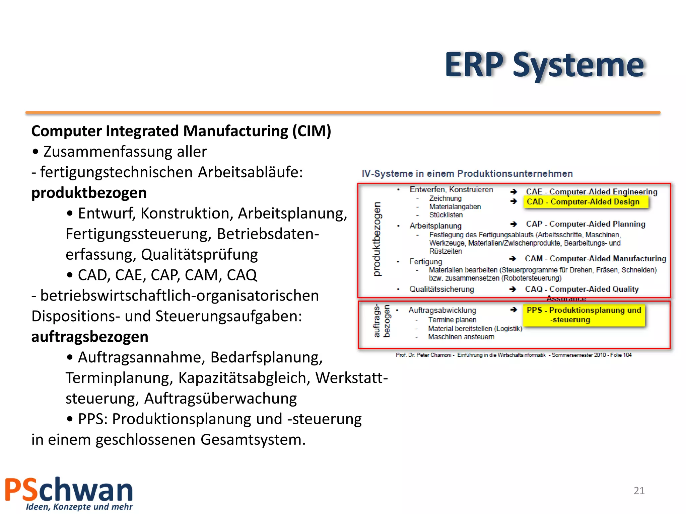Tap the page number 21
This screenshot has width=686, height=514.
click(x=639, y=491)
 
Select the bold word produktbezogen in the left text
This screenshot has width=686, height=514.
click(x=89, y=193)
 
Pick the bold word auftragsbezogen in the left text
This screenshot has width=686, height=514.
click(x=90, y=337)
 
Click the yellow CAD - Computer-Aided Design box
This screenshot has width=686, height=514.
click(x=586, y=202)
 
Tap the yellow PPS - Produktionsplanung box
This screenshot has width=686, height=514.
click(x=584, y=315)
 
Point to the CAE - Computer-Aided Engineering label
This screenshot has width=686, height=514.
click(x=592, y=192)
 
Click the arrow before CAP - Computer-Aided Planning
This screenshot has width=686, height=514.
click(x=513, y=224)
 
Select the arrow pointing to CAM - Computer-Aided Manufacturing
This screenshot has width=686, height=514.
click(x=512, y=259)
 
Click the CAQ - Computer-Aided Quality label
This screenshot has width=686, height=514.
click(x=582, y=289)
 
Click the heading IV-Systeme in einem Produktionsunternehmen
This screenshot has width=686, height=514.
click(x=467, y=174)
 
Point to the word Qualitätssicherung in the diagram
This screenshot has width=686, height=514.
click(x=441, y=289)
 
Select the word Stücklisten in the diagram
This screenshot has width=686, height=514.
click(x=446, y=215)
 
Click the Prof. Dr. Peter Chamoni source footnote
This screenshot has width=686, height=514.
click(x=513, y=355)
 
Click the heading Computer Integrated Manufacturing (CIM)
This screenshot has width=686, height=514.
click(x=181, y=131)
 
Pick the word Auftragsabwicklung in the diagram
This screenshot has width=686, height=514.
click(x=442, y=311)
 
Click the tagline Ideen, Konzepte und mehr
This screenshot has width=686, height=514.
click(x=79, y=507)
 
